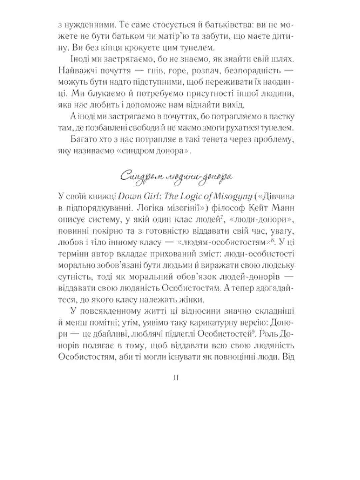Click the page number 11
pyautogui.click(x=177, y=378)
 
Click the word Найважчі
pyautogui.click(x=78, y=71)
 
